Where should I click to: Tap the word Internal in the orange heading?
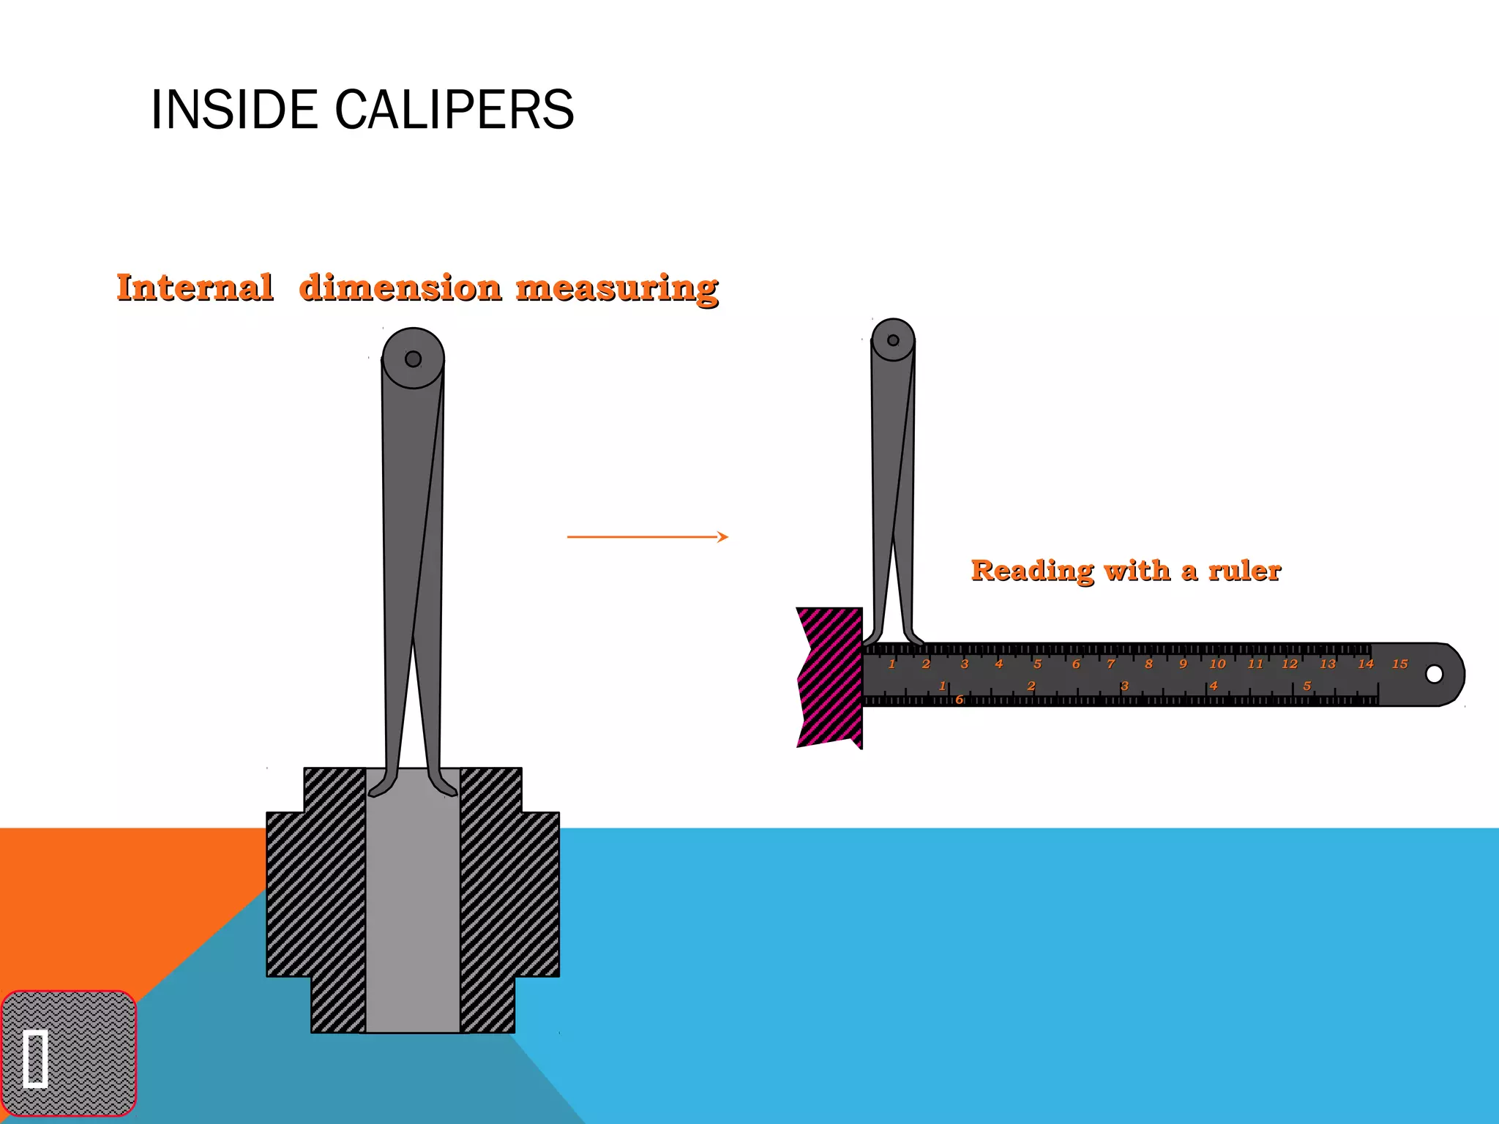pyautogui.click(x=195, y=287)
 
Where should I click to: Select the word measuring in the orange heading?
pyautogui.click(x=617, y=288)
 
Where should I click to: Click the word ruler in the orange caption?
pyautogui.click(x=1244, y=570)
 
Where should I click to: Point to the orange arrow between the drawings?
pyautogui.click(x=648, y=537)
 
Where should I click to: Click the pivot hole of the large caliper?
pyautogui.click(x=413, y=359)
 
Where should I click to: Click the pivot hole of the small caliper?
pyautogui.click(x=893, y=340)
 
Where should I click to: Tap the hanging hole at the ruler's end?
pyautogui.click(x=1435, y=674)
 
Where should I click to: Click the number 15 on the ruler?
pyautogui.click(x=1399, y=664)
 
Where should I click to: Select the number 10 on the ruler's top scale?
pyautogui.click(x=1217, y=664)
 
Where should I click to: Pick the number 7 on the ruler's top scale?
pyautogui.click(x=1111, y=664)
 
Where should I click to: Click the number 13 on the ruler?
pyautogui.click(x=1328, y=664)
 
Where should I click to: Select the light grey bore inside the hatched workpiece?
pyautogui.click(x=413, y=915)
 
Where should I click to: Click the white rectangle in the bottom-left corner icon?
pyautogui.click(x=35, y=1058)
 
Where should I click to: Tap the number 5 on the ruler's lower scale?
pyautogui.click(x=1307, y=686)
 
